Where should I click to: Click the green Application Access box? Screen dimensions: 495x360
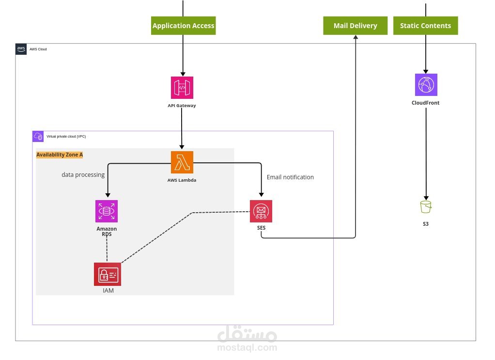183,26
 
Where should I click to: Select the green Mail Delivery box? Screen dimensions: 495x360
355,26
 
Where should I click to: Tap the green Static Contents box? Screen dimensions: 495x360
426,26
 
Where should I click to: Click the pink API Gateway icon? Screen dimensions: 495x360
182,88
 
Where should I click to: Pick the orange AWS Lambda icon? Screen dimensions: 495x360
182,162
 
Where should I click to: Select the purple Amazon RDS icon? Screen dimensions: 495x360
107,211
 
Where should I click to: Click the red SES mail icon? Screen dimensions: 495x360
261,211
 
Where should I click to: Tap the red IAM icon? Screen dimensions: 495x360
108,274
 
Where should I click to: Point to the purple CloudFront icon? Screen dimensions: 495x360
426,85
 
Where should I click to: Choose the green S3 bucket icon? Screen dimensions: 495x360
426,207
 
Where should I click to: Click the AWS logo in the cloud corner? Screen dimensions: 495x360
21,49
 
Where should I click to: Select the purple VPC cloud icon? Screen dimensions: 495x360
38,137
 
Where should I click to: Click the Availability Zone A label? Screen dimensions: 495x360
60,155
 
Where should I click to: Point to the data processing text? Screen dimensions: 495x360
83,174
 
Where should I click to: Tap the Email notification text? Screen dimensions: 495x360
290,177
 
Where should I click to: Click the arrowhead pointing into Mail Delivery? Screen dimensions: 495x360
356,37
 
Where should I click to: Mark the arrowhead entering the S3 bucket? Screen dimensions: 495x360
426,198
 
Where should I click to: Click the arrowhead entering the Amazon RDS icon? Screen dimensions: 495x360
108,195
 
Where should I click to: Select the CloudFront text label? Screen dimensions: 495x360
426,103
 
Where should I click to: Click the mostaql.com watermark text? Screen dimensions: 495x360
247,348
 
